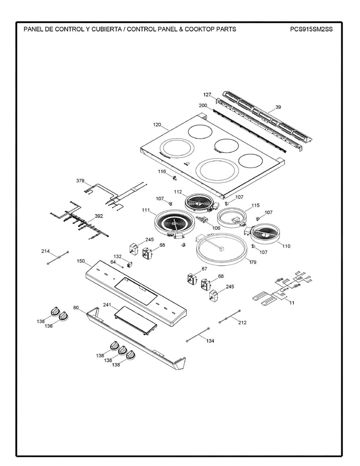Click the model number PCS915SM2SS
click(311, 30)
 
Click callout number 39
click(278, 107)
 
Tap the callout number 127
click(207, 95)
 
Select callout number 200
click(203, 106)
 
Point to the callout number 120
click(157, 124)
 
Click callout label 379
click(81, 181)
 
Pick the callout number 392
click(98, 217)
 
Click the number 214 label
click(46, 251)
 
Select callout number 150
click(81, 261)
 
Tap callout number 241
click(107, 305)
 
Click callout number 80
click(76, 308)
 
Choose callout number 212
click(242, 323)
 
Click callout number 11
click(292, 303)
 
